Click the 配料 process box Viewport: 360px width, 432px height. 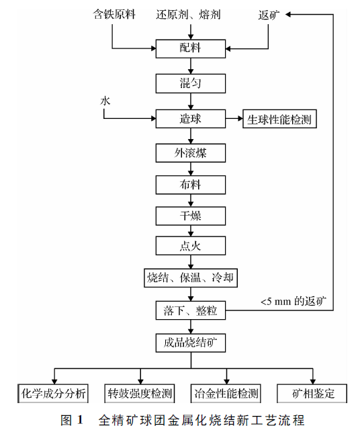click(x=191, y=48)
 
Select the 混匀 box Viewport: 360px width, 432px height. click(x=191, y=84)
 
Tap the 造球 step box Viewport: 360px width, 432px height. click(x=191, y=119)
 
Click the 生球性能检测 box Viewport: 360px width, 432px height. click(x=279, y=119)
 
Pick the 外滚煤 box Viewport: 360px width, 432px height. click(x=191, y=153)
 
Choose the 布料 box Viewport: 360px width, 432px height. click(x=191, y=184)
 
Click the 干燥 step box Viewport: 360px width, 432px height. click(x=191, y=216)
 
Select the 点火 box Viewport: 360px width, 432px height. click(x=191, y=246)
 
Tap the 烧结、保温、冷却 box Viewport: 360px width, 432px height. click(x=191, y=277)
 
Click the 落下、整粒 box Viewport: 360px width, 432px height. click(x=191, y=311)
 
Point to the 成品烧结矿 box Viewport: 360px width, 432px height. click(x=191, y=343)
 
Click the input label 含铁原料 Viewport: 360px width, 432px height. click(x=111, y=13)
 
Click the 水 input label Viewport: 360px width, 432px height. click(x=105, y=100)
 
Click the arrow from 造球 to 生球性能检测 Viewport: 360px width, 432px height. click(x=234, y=119)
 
